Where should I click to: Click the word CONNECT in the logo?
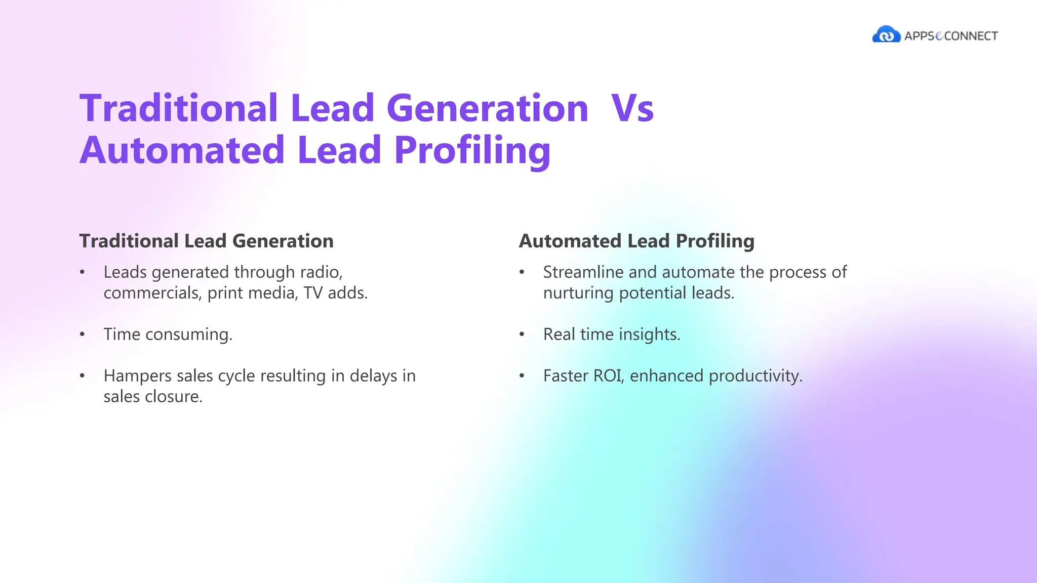coord(971,36)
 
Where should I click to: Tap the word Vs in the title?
coord(632,108)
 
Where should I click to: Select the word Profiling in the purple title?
coord(472,151)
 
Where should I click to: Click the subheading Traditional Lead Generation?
coord(206,241)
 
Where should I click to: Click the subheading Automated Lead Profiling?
coord(636,241)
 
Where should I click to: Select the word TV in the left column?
coord(313,293)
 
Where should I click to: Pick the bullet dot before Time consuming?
coord(82,335)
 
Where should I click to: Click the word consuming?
coord(188,335)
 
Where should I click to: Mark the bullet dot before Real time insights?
coord(522,335)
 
